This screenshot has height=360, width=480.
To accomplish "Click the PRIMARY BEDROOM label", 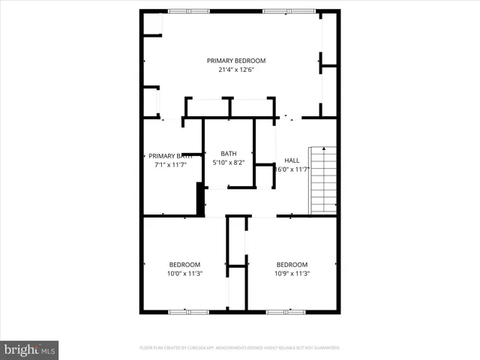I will pyautogui.click(x=236, y=61).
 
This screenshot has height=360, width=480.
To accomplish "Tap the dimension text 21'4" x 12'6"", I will pyautogui.click(x=236, y=70).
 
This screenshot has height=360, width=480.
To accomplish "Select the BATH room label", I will pyautogui.click(x=228, y=154).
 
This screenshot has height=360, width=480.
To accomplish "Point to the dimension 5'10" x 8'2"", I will pyautogui.click(x=228, y=163).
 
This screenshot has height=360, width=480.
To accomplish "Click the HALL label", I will pyautogui.click(x=291, y=160).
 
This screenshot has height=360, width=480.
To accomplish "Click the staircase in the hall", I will pyautogui.click(x=323, y=180).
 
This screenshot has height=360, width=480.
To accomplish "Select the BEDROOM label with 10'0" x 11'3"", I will pyautogui.click(x=184, y=265).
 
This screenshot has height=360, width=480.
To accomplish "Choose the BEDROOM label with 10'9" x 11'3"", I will pyautogui.click(x=292, y=265).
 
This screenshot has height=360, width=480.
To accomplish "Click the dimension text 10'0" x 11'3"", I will pyautogui.click(x=184, y=274).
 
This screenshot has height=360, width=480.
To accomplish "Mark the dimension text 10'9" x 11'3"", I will pyautogui.click(x=292, y=274).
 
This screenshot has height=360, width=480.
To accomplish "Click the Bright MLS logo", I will pyautogui.click(x=29, y=349).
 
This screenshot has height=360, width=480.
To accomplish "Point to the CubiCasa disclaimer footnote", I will pyautogui.click(x=240, y=348).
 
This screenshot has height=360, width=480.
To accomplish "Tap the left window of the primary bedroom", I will pyautogui.click(x=178, y=10).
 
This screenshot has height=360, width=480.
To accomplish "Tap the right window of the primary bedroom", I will pyautogui.click(x=283, y=10).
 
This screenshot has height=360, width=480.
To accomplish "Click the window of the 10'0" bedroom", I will pyautogui.click(x=179, y=311).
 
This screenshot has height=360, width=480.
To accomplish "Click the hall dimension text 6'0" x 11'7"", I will pyautogui.click(x=292, y=169).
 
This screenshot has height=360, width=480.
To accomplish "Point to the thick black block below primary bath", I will pyautogui.click(x=200, y=200).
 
